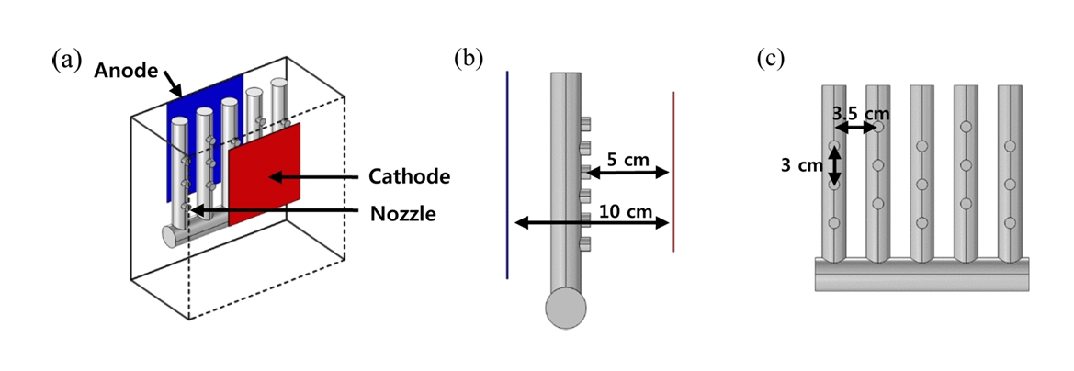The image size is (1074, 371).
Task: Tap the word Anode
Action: click(128, 71)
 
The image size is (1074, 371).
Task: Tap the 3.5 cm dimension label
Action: click(861, 114)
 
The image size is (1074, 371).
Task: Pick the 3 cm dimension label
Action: click(796, 166)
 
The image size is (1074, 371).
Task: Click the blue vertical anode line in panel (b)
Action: click(506, 174)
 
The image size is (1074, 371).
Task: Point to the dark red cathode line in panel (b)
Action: click(673, 170)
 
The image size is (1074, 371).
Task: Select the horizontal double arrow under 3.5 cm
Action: click(856, 129)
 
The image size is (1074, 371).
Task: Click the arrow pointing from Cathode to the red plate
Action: click(311, 175)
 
